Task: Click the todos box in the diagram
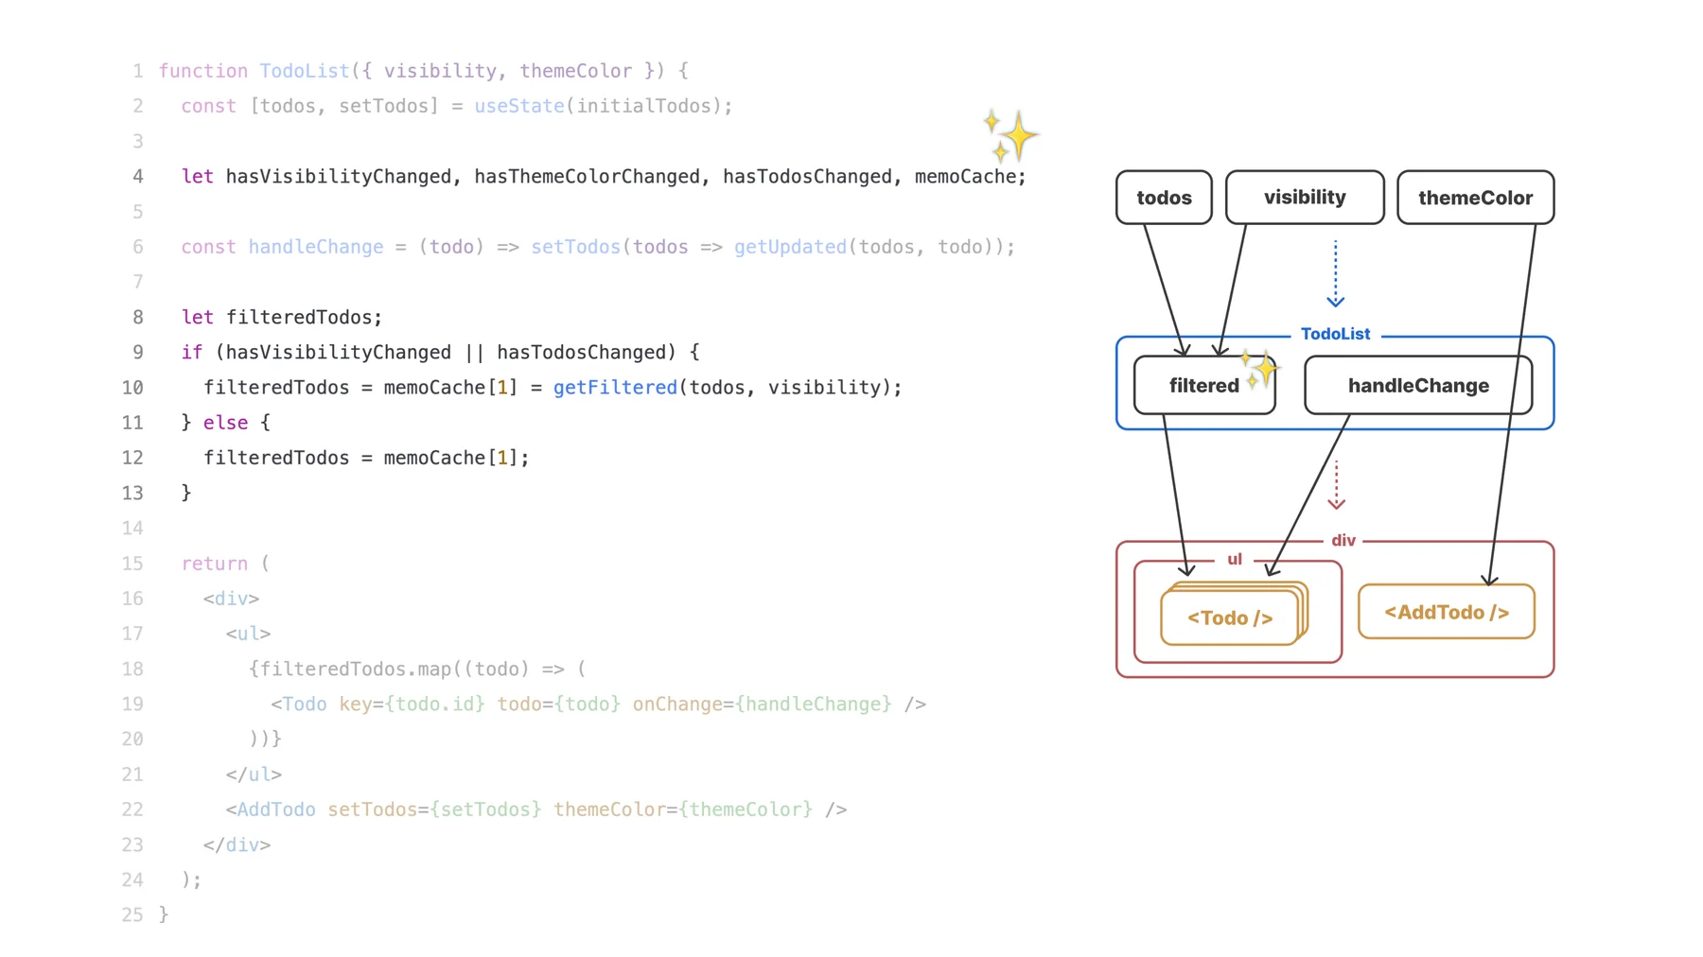coord(1163,198)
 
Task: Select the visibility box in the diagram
coord(1304,198)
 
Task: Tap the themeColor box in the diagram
coord(1474,198)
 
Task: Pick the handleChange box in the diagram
coord(1417,386)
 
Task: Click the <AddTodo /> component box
coord(1446,613)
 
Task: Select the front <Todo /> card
coord(1229,618)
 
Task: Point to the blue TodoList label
coord(1334,334)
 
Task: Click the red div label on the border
coord(1343,541)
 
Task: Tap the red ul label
coord(1234,560)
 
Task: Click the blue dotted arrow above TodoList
coord(1335,273)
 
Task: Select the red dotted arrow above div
coord(1336,485)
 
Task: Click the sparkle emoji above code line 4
coord(1010,135)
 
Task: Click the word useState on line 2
coord(518,106)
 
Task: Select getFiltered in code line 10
coord(615,388)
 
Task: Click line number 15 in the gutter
coord(132,564)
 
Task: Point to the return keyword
coord(214,564)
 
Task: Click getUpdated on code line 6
coord(789,247)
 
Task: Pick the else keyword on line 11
coord(225,423)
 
